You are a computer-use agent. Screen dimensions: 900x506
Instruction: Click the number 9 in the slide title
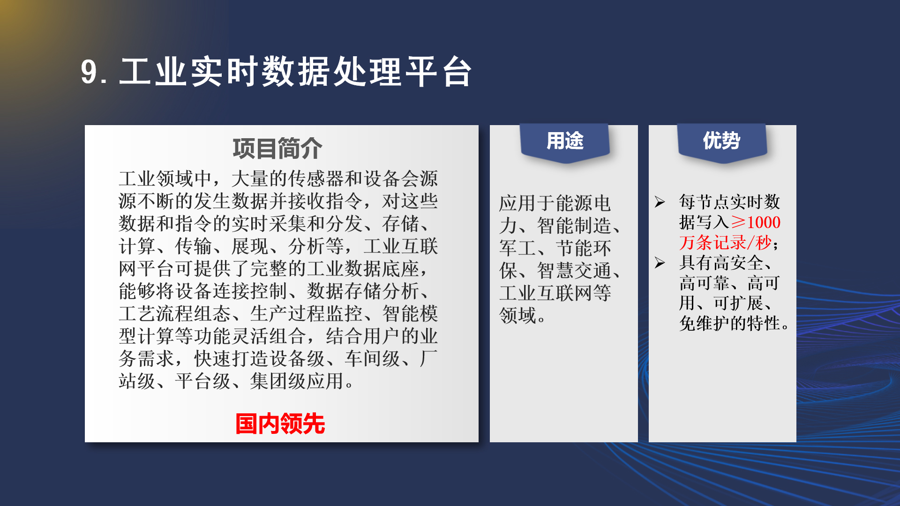click(89, 72)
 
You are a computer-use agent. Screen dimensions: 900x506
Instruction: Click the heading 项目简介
click(277, 149)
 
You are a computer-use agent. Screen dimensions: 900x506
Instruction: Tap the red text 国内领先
click(280, 424)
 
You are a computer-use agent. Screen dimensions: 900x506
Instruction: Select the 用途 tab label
click(565, 141)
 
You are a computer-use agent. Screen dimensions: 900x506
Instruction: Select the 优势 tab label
click(721, 141)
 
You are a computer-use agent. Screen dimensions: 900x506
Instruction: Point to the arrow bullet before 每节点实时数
click(660, 202)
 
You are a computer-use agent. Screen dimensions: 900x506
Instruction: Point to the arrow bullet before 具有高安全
click(660, 263)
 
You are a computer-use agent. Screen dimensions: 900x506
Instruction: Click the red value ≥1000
click(756, 222)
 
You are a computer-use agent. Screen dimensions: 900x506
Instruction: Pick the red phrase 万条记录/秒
click(726, 243)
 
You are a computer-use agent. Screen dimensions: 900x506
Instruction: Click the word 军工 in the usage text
click(518, 248)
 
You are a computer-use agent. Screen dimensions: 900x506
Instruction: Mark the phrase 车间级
click(373, 359)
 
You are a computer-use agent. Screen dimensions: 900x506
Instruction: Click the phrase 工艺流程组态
click(175, 314)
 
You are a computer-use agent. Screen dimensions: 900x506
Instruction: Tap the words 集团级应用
click(297, 381)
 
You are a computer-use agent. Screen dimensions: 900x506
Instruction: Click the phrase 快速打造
click(232, 359)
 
